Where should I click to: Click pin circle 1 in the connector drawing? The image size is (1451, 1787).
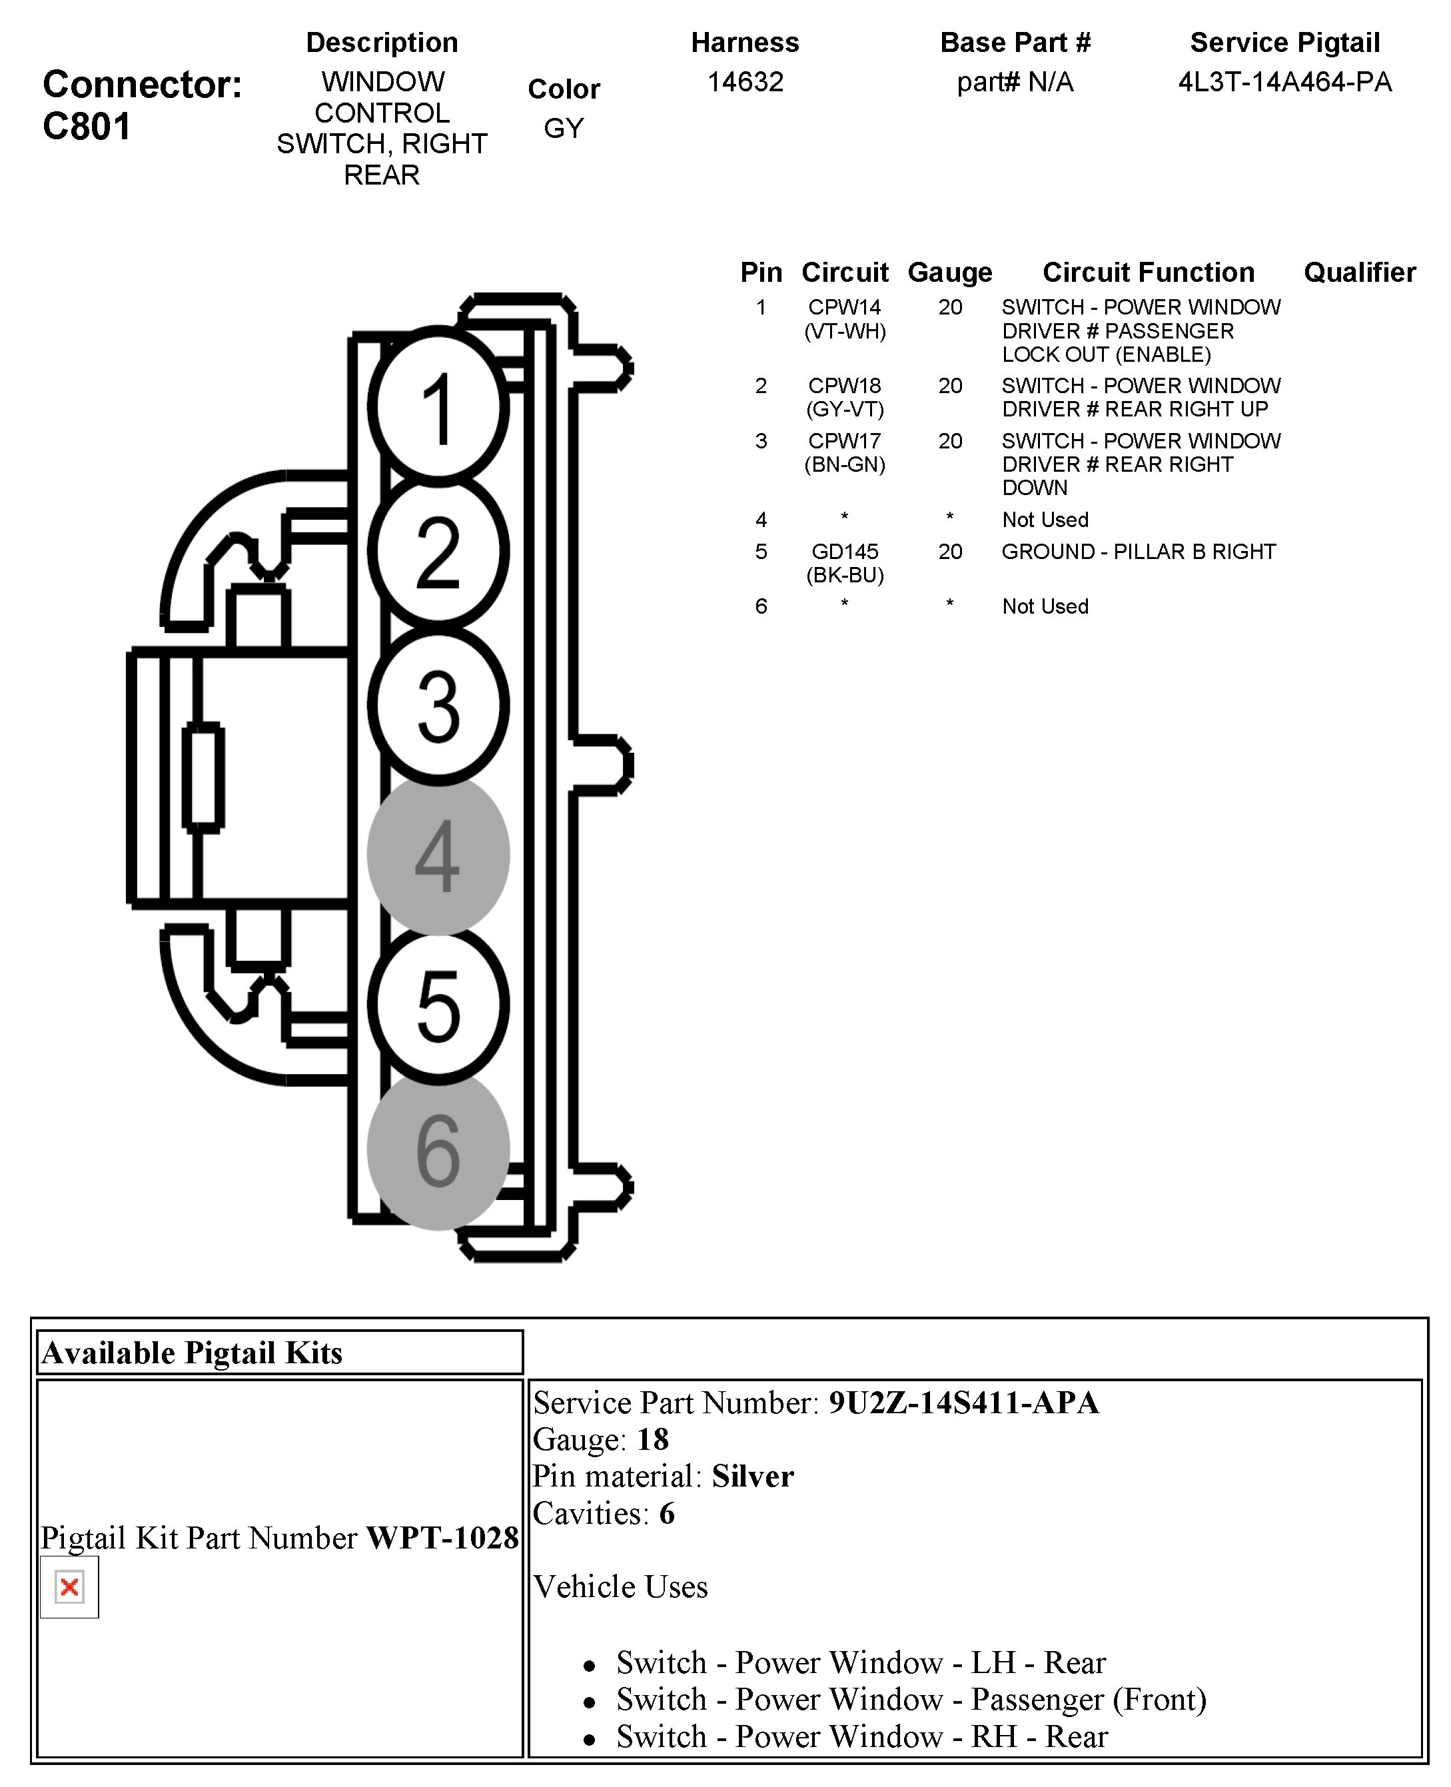click(438, 407)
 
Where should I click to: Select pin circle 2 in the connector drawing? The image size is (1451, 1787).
click(438, 551)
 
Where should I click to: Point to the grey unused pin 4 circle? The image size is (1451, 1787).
click(438, 854)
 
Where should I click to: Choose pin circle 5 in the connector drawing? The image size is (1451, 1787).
click(438, 1005)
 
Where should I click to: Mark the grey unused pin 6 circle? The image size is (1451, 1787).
click(438, 1150)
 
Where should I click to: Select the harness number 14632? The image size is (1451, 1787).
click(745, 82)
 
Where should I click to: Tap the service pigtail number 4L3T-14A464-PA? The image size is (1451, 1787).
click(1284, 82)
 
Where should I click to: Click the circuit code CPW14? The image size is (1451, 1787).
click(844, 308)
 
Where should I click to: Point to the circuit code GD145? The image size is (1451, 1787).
click(844, 552)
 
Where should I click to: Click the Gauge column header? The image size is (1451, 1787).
click(949, 273)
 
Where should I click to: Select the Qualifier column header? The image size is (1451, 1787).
click(1359, 273)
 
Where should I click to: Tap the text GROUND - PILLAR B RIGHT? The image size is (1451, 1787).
click(1139, 552)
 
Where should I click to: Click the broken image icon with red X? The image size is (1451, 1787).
click(69, 1586)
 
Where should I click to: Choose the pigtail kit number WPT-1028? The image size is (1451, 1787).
click(442, 1538)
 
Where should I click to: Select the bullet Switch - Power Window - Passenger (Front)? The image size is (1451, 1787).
click(911, 1699)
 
